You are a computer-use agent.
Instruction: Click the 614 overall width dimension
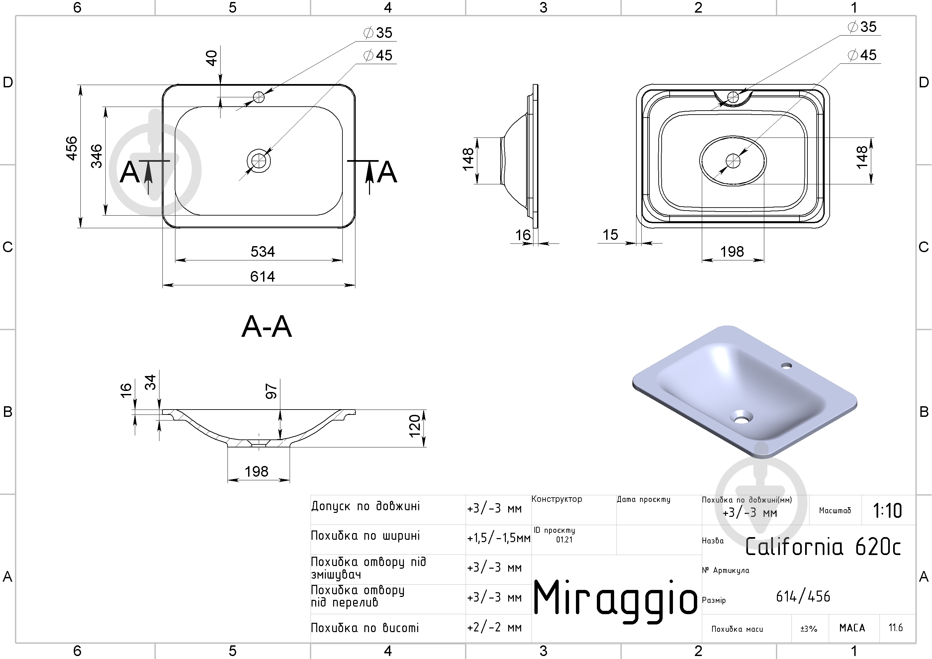(263, 276)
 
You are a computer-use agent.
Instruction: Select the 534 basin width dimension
(263, 252)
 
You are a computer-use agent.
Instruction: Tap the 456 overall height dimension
(71, 148)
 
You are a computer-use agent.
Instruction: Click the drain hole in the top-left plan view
(258, 160)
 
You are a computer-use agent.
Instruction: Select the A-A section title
(267, 327)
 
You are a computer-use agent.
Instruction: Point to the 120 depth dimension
(415, 426)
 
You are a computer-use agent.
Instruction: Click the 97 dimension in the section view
(271, 391)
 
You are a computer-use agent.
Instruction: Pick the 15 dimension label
(610, 235)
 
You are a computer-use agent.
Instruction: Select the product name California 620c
(823, 546)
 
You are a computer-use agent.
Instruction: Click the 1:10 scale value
(887, 511)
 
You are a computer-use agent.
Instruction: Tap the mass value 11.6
(895, 628)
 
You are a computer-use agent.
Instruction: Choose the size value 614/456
(803, 597)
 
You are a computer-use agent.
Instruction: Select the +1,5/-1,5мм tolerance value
(499, 538)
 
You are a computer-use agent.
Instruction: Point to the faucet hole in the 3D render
(787, 366)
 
